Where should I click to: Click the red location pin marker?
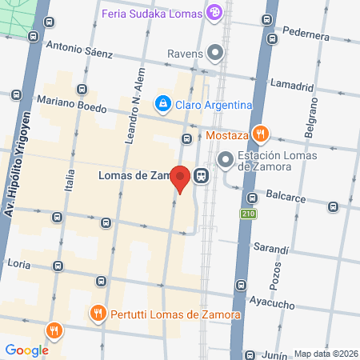182,178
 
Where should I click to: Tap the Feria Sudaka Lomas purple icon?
214,12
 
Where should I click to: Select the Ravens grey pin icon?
214,54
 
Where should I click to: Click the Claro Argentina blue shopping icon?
162,103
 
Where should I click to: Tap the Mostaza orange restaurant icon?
258,134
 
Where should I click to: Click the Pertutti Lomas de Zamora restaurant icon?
98,314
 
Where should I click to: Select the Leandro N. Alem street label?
133,107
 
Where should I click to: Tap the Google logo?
26,350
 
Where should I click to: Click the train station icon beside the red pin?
200,176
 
